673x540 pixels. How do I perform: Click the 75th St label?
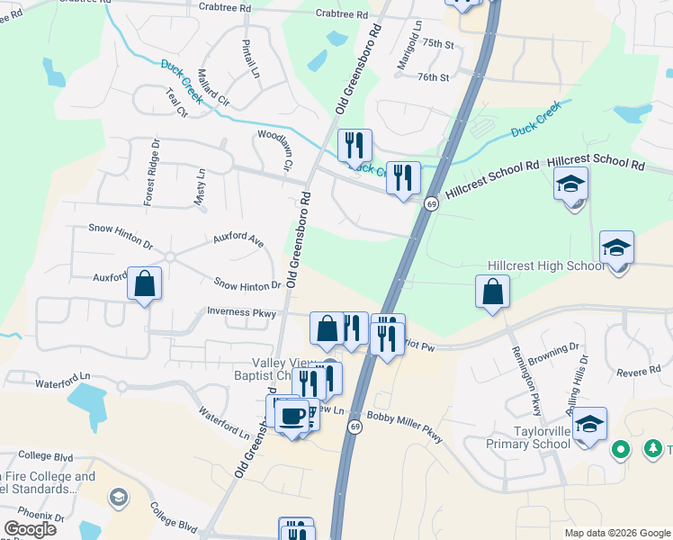[438, 43]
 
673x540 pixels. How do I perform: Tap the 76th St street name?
[433, 77]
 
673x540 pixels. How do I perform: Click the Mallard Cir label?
[214, 87]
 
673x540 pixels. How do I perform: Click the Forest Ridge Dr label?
[152, 170]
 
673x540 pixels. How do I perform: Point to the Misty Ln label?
[200, 188]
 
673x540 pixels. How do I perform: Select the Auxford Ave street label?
[238, 240]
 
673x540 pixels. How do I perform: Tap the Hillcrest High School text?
[546, 265]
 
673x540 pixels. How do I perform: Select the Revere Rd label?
[638, 372]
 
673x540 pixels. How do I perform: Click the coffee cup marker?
[292, 416]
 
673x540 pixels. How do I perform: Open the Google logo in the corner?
[30, 529]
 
